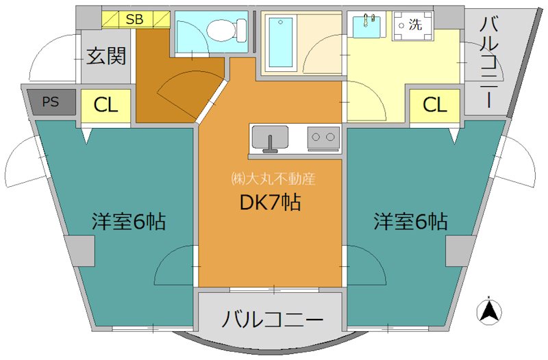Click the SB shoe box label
pyautogui.click(x=134, y=19)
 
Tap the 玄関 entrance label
pyautogui.click(x=108, y=56)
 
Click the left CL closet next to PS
pyautogui.click(x=106, y=105)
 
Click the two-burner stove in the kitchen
pyautogui.click(x=323, y=138)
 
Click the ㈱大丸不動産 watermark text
pyautogui.click(x=272, y=179)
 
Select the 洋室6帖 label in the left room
pyautogui.click(x=129, y=222)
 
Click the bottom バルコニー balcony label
pyautogui.click(x=273, y=320)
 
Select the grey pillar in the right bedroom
pyautogui.click(x=460, y=251)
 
